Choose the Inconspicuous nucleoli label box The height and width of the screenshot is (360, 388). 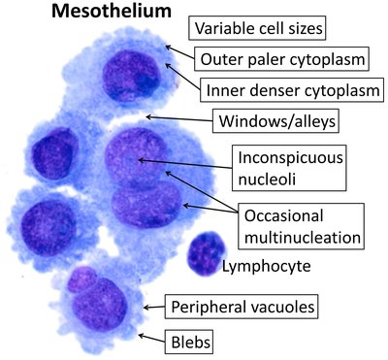click(279, 166)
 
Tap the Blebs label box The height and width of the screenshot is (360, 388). click(187, 341)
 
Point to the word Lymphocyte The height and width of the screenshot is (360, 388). click(269, 264)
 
